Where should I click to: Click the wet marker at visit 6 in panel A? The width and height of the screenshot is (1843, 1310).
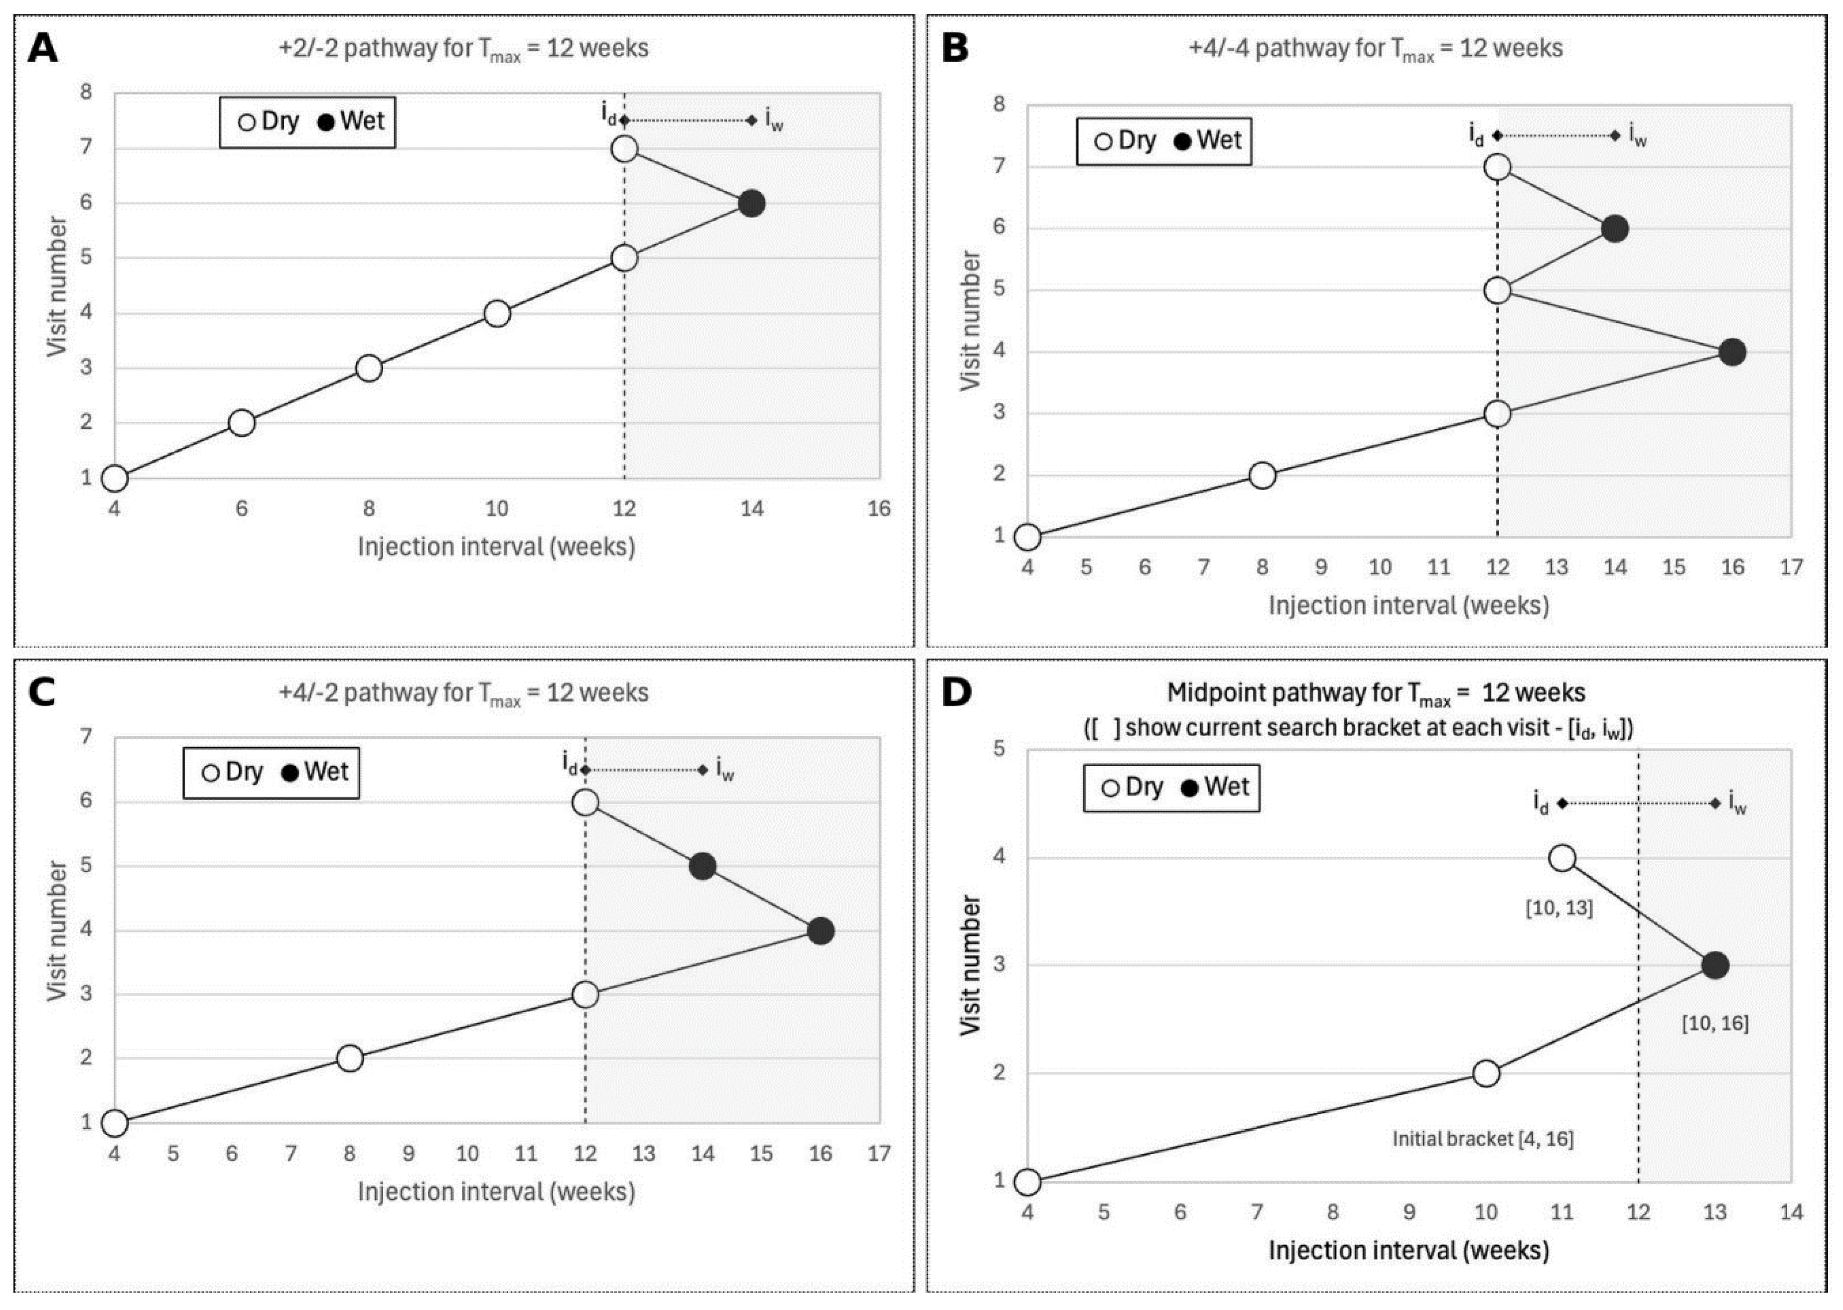click(751, 203)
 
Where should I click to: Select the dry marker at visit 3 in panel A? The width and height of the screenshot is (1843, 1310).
click(369, 368)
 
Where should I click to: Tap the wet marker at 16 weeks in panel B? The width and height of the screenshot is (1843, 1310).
click(1732, 352)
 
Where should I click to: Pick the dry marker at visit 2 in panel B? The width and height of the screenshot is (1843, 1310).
click(1262, 475)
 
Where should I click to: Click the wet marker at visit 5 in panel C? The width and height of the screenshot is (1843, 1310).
click(703, 866)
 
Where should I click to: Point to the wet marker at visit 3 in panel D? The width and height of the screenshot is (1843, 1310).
click(1714, 965)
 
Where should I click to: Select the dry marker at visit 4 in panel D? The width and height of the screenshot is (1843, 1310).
click(1562, 857)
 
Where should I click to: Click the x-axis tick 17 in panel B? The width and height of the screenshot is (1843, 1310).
click(1791, 567)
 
